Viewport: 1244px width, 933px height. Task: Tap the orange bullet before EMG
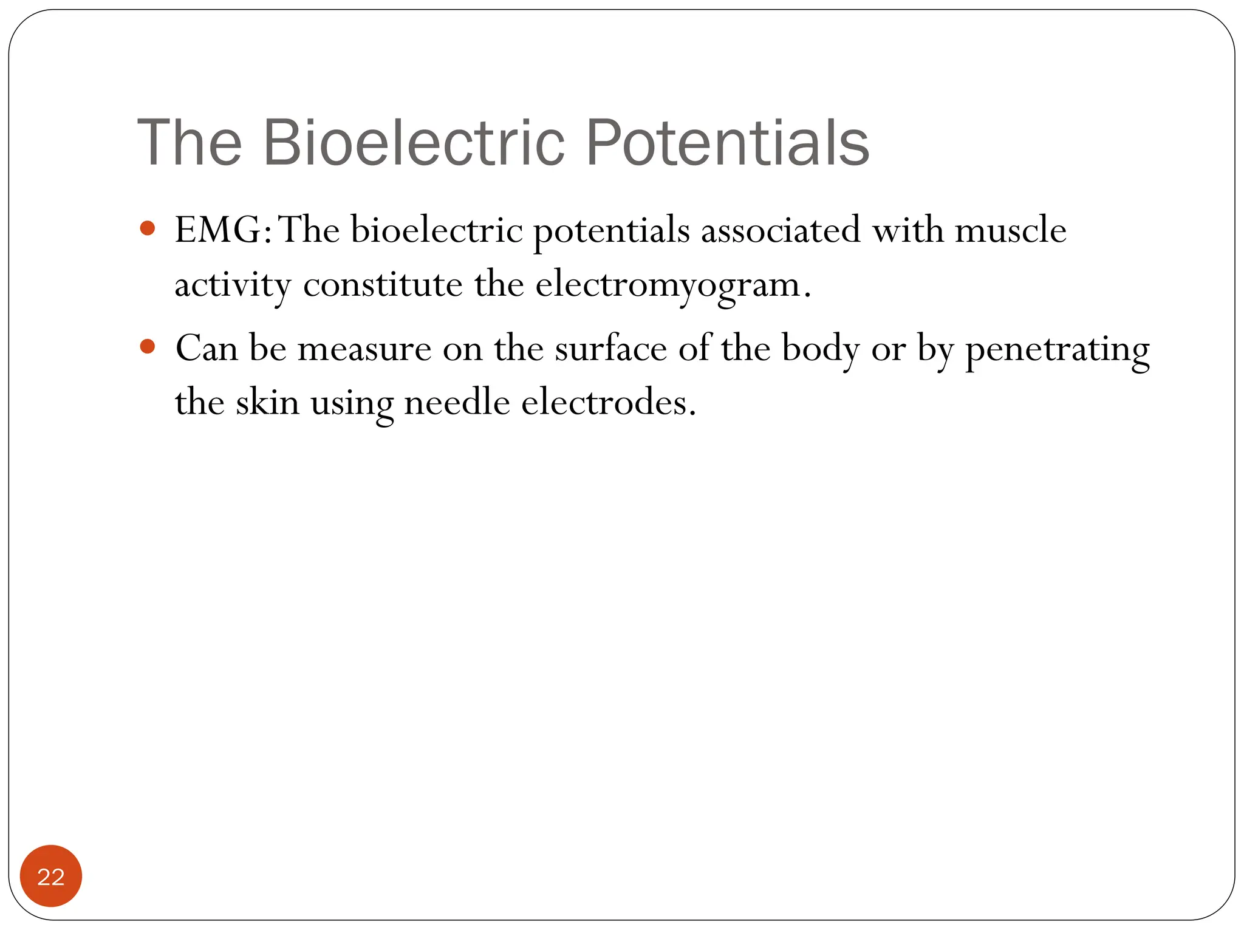pyautogui.click(x=148, y=229)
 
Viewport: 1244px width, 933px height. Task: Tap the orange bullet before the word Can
pyautogui.click(x=148, y=347)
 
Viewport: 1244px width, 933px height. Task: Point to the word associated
pyautogui.click(x=781, y=230)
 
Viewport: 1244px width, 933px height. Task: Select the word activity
pyautogui.click(x=233, y=285)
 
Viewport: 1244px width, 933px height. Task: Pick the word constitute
pyautogui.click(x=383, y=285)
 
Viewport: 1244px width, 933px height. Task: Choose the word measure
pyautogui.click(x=364, y=349)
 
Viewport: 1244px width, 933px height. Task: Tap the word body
pyautogui.click(x=821, y=350)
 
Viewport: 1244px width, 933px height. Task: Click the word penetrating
pyautogui.click(x=1057, y=350)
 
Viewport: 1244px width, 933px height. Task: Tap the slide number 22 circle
pyautogui.click(x=51, y=876)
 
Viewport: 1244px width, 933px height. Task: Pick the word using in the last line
pyautogui.click(x=352, y=403)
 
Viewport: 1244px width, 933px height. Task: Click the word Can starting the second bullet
pyautogui.click(x=207, y=349)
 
